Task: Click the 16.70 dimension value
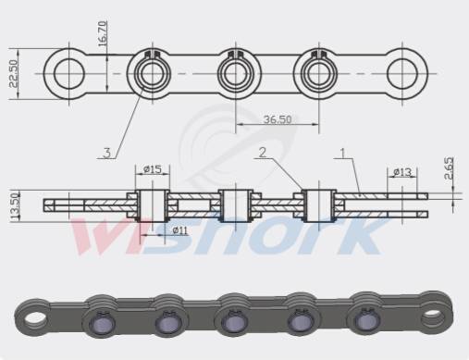[x=103, y=33]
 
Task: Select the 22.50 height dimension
[x=14, y=74]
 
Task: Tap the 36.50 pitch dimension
[x=278, y=119]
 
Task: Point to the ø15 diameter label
[x=153, y=169]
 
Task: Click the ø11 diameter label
[x=179, y=230]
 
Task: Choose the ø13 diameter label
[x=402, y=172]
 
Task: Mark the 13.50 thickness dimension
[x=15, y=205]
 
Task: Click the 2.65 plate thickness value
[x=449, y=168]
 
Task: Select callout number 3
[x=106, y=153]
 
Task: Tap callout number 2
[x=263, y=152]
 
